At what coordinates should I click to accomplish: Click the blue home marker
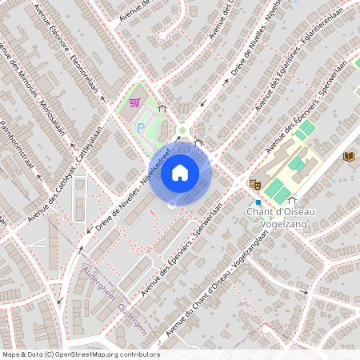180,172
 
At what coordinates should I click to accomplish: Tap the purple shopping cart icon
134,102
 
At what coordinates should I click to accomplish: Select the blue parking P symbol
142,126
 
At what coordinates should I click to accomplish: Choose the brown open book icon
349,156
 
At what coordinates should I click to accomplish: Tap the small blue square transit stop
258,202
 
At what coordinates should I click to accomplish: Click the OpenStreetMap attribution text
80,354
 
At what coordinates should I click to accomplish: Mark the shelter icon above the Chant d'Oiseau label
291,201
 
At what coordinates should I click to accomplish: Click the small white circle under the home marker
171,206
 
